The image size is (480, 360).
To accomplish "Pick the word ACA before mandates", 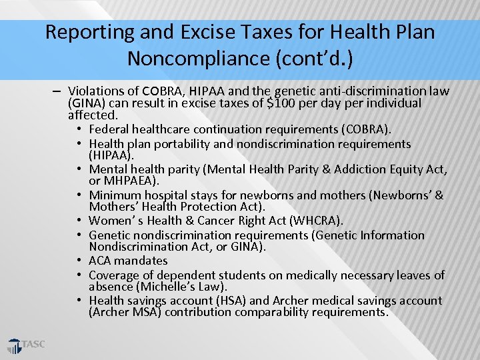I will pos(99,261).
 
